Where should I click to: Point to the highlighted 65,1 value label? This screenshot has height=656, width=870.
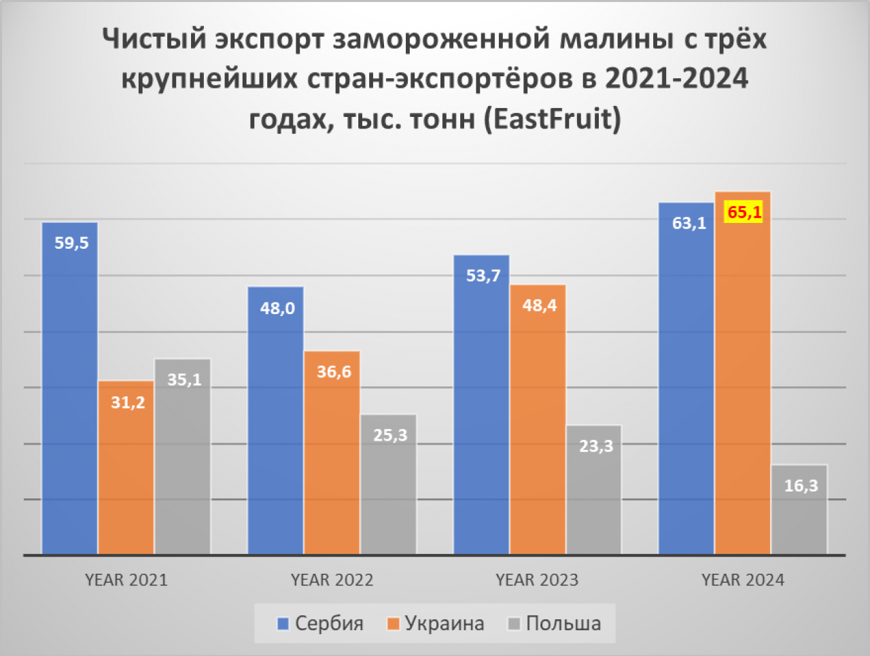[744, 212]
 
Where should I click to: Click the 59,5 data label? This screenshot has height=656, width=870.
[71, 243]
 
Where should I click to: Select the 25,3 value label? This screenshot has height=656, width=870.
[390, 435]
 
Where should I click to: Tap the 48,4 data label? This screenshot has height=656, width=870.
[539, 305]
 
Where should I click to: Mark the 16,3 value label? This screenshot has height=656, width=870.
[801, 485]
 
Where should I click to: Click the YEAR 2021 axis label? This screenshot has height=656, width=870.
[126, 580]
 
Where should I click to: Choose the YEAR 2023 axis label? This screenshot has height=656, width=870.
[537, 580]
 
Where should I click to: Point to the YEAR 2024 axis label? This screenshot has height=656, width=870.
[743, 580]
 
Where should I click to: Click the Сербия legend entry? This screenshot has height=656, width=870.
[321, 623]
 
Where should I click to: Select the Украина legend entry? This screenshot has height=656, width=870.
[436, 623]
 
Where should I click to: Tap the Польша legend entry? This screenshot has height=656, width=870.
[555, 623]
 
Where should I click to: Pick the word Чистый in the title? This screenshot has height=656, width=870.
[154, 39]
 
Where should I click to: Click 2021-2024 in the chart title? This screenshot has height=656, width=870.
[676, 79]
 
